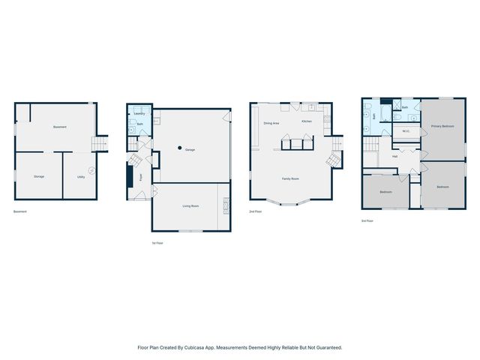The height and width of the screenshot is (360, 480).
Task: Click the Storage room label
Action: [x=39, y=177]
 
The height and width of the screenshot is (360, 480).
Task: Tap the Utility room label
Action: [x=80, y=177]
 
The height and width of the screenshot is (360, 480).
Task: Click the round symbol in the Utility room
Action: [x=92, y=170]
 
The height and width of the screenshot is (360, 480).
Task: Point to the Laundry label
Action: [x=139, y=113]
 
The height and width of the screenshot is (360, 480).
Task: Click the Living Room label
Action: [x=190, y=205]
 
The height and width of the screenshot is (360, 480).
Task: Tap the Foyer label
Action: [x=141, y=178]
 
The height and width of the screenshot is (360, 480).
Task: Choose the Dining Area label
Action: [x=271, y=122]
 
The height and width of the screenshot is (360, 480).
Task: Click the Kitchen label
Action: [x=307, y=121]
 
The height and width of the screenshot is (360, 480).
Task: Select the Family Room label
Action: [x=290, y=179]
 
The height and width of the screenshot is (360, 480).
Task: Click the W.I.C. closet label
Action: [x=406, y=131]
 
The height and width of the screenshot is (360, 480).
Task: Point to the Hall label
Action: [x=394, y=157]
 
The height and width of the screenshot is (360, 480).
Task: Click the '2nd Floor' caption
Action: [x=256, y=212]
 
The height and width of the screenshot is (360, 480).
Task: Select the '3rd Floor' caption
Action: [x=367, y=221]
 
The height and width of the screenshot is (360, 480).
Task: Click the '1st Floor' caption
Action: [x=157, y=243]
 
